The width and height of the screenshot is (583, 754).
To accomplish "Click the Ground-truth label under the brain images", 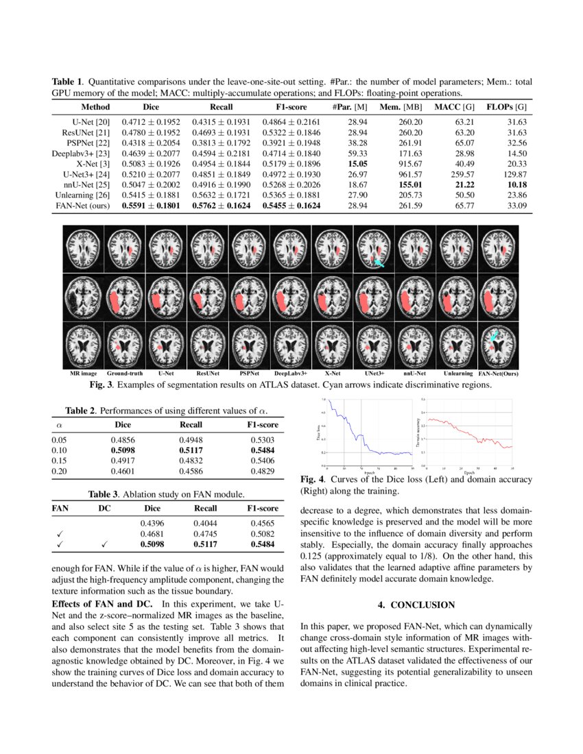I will tap(125, 374).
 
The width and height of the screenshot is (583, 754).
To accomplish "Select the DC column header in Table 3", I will tap(105, 509).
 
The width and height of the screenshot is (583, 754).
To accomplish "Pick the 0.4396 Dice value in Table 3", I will tap(152, 524).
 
